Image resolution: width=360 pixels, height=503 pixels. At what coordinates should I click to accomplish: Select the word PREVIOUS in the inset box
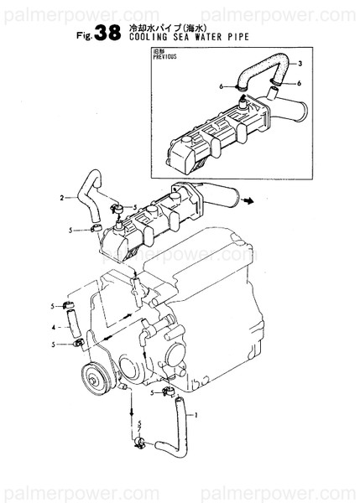[164, 61]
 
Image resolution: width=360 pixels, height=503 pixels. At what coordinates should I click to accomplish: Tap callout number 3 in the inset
[300, 65]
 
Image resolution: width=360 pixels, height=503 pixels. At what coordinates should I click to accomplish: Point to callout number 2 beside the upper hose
[62, 199]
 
